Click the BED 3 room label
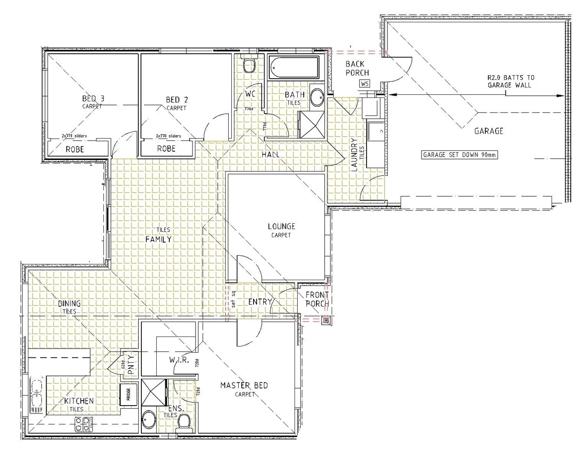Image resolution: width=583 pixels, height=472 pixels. point(93,99)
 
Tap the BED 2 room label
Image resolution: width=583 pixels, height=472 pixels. point(177,100)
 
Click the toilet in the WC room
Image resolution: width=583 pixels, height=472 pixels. point(249,66)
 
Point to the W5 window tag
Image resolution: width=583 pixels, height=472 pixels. point(364,83)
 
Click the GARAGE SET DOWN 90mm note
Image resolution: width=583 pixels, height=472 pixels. point(460,155)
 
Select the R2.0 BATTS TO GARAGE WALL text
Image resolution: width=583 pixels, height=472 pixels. point(510,81)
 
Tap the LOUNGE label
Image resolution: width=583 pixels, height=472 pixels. point(281,226)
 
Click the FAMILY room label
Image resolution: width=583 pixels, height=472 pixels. point(158,239)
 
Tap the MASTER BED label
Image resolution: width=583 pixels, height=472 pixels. point(244,385)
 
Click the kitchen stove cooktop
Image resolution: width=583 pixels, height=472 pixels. point(83,423)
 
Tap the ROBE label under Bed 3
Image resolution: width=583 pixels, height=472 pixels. point(75,149)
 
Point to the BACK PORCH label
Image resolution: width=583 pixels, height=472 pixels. point(357,69)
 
